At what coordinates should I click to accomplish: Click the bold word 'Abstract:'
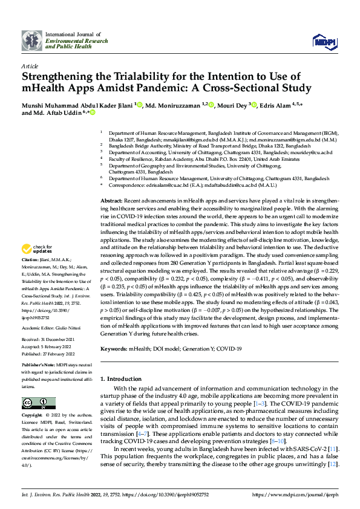(111, 199)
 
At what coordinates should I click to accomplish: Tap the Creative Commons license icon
(34, 403)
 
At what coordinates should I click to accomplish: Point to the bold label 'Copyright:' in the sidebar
(32, 416)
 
